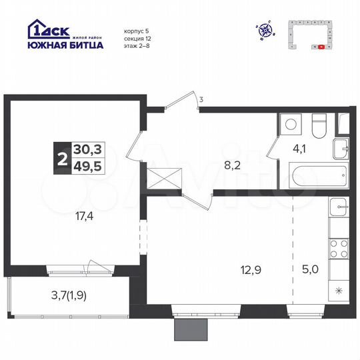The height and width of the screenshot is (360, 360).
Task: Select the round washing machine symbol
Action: (x=291, y=124)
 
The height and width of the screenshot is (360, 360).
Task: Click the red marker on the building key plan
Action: (x=321, y=47)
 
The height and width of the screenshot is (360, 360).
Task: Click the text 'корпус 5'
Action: (x=137, y=31)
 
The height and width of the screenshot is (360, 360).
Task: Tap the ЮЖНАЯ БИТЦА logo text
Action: (x=65, y=45)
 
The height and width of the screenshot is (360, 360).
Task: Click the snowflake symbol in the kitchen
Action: (x=339, y=291)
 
